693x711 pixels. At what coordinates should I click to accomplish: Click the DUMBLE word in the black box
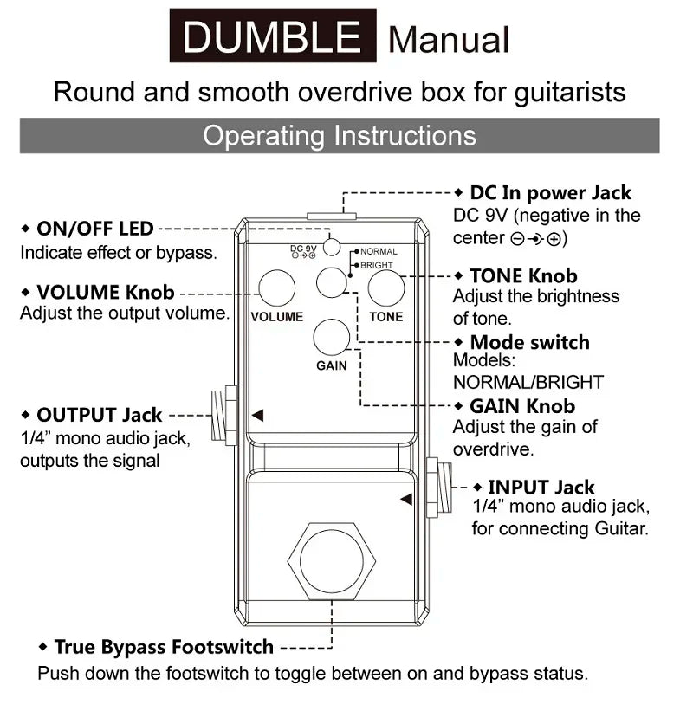(x=272, y=36)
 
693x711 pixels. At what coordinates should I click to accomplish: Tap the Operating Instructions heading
(x=339, y=136)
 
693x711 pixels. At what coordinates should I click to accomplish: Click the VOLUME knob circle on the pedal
(x=277, y=288)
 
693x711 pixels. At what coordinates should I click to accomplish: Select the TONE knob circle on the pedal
(x=386, y=288)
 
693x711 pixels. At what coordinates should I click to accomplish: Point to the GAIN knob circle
(x=332, y=337)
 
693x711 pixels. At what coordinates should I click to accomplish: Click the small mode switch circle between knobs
(x=331, y=282)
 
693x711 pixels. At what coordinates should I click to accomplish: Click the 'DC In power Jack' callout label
(x=550, y=193)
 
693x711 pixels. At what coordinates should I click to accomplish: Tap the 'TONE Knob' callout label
(x=522, y=275)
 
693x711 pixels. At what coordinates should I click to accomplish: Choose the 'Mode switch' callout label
(x=528, y=342)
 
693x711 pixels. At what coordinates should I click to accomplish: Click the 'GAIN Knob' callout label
(x=521, y=405)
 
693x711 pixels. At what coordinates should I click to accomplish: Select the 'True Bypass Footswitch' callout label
(x=163, y=647)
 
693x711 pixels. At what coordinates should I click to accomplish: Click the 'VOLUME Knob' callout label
(x=105, y=292)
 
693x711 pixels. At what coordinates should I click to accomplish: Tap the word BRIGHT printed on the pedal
(x=377, y=265)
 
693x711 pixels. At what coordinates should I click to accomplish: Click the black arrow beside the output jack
(x=257, y=416)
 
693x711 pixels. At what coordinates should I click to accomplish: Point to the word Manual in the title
(x=449, y=40)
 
